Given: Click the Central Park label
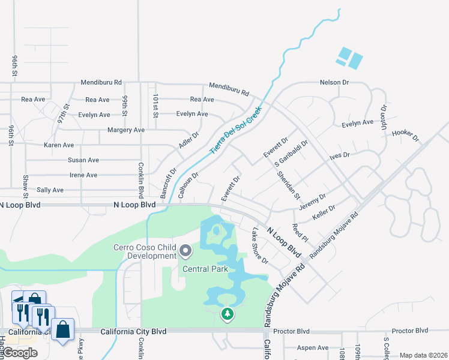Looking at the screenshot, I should [205, 269].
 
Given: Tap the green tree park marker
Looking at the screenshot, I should [227, 314].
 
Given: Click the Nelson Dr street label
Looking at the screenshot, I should [334, 82].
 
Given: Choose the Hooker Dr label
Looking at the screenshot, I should [405, 135].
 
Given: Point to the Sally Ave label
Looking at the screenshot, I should [50, 190].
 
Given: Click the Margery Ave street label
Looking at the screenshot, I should [126, 130].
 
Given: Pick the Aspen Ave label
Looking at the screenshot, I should [315, 347].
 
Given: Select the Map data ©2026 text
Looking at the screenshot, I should [423, 355].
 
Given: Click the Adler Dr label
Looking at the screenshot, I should [188, 141].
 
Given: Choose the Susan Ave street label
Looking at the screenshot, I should [83, 160].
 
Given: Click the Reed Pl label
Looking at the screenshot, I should [300, 233].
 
